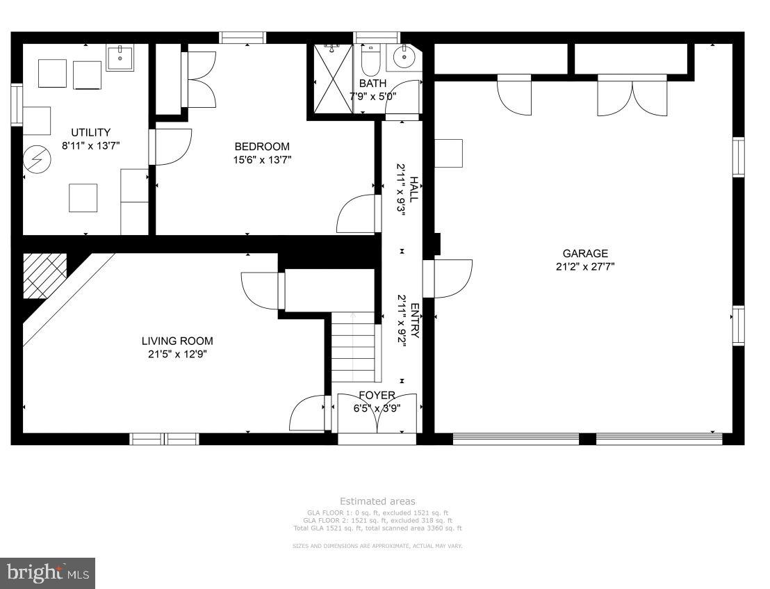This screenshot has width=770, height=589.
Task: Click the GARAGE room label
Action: click(x=584, y=254)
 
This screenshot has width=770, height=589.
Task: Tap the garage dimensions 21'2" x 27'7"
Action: click(x=584, y=266)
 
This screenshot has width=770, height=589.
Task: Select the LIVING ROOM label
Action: click(x=177, y=341)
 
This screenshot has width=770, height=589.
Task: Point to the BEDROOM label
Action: click(x=261, y=147)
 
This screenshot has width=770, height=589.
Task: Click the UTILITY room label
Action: click(x=90, y=133)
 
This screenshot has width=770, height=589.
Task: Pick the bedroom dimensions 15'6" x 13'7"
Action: click(x=261, y=159)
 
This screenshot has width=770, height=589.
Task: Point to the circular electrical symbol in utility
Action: click(x=33, y=161)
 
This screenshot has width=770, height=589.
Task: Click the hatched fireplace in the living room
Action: click(x=44, y=276)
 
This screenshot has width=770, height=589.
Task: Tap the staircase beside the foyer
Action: click(x=355, y=348)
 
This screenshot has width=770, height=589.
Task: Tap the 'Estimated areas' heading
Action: click(x=377, y=501)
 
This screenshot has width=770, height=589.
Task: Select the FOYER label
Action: click(x=377, y=396)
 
